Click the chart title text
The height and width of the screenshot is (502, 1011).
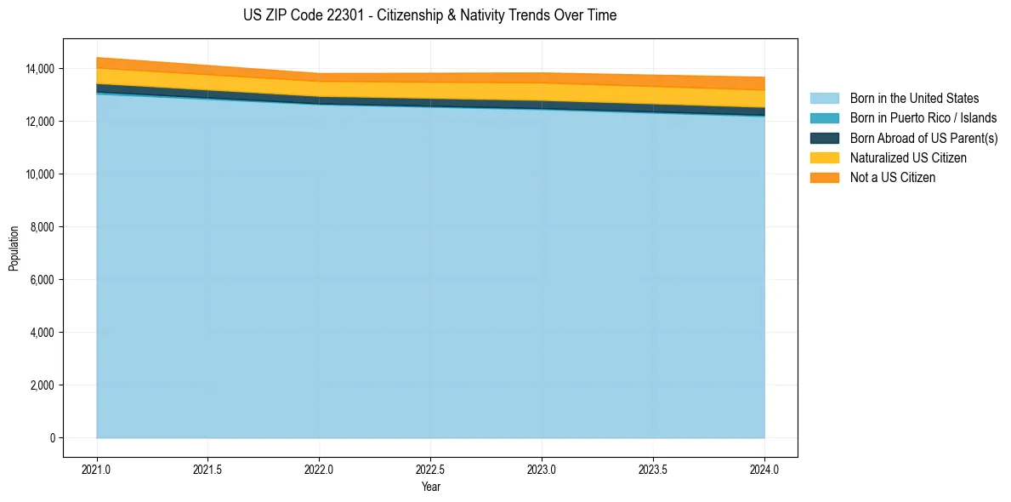pyautogui.click(x=429, y=15)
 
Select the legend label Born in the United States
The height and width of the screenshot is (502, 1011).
pyautogui.click(x=914, y=99)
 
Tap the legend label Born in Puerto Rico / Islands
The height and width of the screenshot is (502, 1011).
pyautogui.click(x=923, y=118)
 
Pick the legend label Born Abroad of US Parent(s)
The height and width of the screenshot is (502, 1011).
pyautogui.click(x=923, y=138)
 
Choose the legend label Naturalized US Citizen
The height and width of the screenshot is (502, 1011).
pyautogui.click(x=908, y=157)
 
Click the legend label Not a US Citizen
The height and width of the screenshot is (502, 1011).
pyautogui.click(x=893, y=177)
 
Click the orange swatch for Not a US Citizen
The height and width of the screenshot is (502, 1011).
pyautogui.click(x=824, y=177)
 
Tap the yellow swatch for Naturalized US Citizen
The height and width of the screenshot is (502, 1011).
pyautogui.click(x=824, y=157)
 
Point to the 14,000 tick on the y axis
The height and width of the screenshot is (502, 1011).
pyautogui.click(x=40, y=69)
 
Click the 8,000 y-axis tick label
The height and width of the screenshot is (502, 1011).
pyautogui.click(x=43, y=227)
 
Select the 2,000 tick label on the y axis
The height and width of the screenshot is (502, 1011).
pyautogui.click(x=43, y=385)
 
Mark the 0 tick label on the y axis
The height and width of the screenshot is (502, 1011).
pyautogui.click(x=52, y=438)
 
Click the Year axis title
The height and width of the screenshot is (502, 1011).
pyautogui.click(x=430, y=487)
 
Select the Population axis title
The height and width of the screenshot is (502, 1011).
pyautogui.click(x=14, y=248)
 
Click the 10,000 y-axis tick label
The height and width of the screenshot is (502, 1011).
pyautogui.click(x=40, y=174)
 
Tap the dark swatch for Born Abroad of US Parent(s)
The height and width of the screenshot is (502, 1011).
pyautogui.click(x=824, y=138)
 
